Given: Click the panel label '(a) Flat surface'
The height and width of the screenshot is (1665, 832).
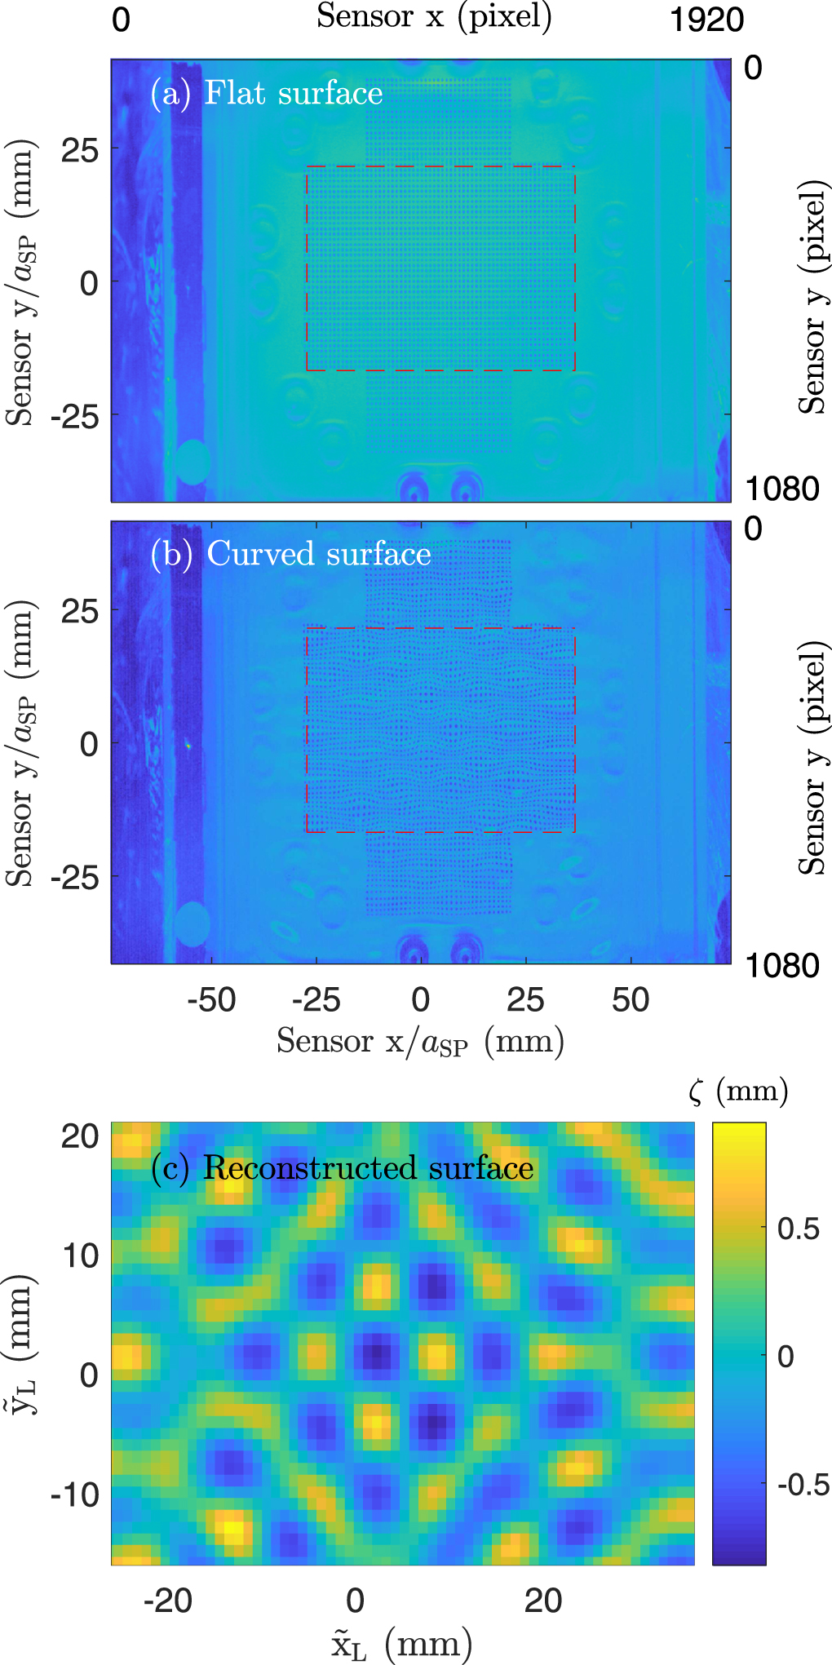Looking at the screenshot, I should pyautogui.click(x=267, y=93).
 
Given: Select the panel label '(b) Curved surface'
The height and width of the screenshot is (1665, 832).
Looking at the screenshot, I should pyautogui.click(x=290, y=554).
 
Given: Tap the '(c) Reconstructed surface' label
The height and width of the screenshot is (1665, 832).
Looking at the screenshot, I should pyautogui.click(x=343, y=1168).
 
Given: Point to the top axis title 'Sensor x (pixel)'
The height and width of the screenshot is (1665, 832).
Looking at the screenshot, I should pyautogui.click(x=434, y=16).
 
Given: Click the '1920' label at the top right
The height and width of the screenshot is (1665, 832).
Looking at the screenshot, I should pyautogui.click(x=706, y=20).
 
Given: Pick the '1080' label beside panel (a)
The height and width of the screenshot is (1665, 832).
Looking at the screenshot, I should pyautogui.click(x=781, y=489).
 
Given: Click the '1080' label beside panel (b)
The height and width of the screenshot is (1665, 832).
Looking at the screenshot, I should pyautogui.click(x=781, y=966).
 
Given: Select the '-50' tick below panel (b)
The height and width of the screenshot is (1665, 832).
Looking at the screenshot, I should pyautogui.click(x=211, y=1000).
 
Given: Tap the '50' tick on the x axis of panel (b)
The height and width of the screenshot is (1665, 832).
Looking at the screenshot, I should pyautogui.click(x=630, y=1000).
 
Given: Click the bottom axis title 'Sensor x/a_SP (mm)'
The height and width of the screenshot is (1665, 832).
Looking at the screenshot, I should pyautogui.click(x=420, y=1042).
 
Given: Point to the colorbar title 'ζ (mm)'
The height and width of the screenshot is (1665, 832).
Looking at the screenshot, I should pyautogui.click(x=738, y=1091).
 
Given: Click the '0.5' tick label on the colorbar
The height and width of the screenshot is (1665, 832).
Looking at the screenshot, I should pyautogui.click(x=798, y=1229).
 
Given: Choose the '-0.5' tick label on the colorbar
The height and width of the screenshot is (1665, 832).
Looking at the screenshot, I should pyautogui.click(x=803, y=1484).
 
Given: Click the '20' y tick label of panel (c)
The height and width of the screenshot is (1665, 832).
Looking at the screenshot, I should pyautogui.click(x=80, y=1136).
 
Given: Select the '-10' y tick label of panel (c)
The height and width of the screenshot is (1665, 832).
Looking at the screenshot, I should pyautogui.click(x=75, y=1495).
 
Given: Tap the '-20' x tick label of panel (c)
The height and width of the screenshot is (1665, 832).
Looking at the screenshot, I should pyautogui.click(x=167, y=1601).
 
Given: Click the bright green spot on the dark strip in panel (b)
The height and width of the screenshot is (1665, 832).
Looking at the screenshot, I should pyautogui.click(x=188, y=745).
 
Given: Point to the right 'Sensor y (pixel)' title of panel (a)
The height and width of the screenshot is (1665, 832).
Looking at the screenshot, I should pyautogui.click(x=813, y=298).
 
